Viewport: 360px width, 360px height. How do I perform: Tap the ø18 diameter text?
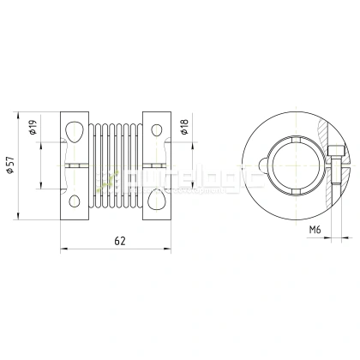click(x=184, y=129)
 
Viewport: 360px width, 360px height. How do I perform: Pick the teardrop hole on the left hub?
click(x=75, y=130)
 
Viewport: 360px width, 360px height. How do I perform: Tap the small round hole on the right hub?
click(x=159, y=129)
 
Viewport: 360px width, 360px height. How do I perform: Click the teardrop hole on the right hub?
click(x=159, y=200)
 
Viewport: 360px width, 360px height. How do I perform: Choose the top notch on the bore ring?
click(x=291, y=137)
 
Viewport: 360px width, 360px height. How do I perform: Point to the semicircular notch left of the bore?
click(x=256, y=165)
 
